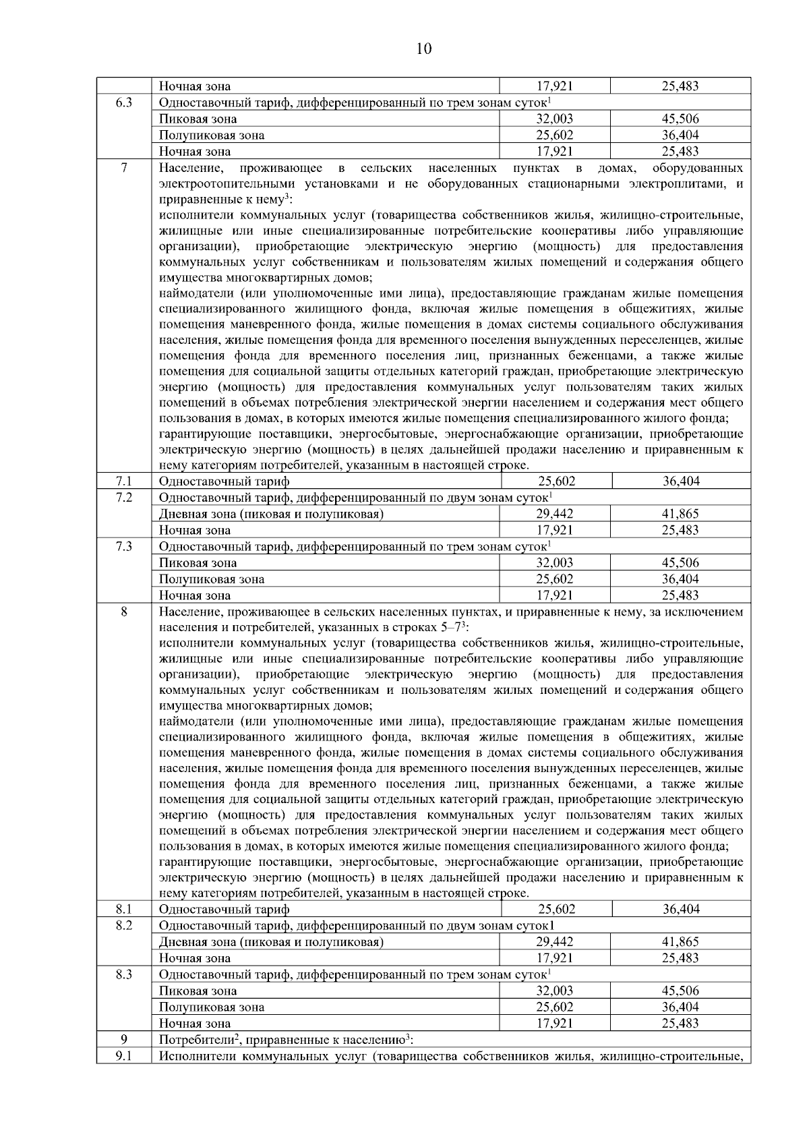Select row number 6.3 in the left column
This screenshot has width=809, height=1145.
tap(124, 102)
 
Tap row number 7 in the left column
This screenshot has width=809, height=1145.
tap(124, 167)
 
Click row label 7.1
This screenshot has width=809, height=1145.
tap(124, 481)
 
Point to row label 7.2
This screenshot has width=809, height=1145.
tap(124, 498)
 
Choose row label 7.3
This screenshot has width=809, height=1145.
tap(124, 546)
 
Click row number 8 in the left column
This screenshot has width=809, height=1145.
tap(124, 612)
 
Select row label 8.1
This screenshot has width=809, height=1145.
tap(124, 909)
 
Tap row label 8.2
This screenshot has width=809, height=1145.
tap(124, 925)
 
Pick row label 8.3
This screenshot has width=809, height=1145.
tap(124, 974)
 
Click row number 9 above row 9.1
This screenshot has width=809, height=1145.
tap(124, 1039)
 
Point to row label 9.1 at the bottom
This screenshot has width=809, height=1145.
tap(124, 1056)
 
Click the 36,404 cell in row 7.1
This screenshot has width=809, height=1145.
tap(681, 481)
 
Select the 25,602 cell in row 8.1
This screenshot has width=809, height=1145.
tap(556, 909)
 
